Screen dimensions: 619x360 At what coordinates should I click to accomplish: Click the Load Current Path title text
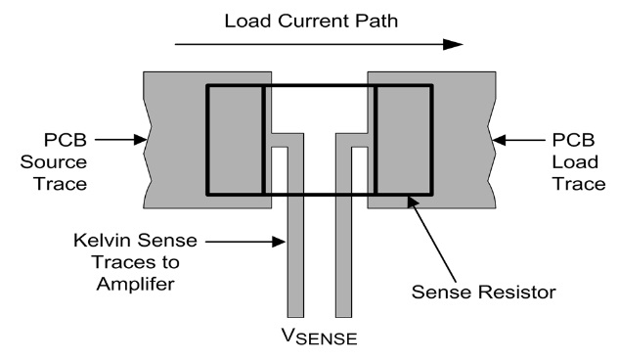[311, 21]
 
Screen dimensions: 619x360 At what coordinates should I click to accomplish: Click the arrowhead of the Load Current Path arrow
[453, 45]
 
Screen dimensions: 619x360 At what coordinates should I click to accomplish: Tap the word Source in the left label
[54, 162]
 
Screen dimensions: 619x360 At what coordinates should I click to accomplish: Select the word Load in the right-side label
[575, 162]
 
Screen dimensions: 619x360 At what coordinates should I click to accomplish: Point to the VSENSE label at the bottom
[320, 337]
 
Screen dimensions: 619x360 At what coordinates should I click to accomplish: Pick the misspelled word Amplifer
[135, 285]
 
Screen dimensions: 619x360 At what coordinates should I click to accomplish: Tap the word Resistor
[518, 292]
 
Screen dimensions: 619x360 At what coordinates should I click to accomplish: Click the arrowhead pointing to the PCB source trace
[141, 140]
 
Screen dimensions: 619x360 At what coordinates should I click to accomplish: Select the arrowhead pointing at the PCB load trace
[499, 140]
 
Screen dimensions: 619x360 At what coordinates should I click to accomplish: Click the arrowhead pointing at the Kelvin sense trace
[279, 242]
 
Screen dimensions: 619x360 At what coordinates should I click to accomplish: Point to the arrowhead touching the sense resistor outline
[413, 202]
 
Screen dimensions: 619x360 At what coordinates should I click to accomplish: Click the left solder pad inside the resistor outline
[236, 140]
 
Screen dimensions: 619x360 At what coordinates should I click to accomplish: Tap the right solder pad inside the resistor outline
[404, 140]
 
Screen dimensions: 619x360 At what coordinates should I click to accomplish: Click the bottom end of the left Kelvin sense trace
[295, 317]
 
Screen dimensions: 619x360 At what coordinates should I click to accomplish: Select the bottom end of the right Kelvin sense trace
[343, 317]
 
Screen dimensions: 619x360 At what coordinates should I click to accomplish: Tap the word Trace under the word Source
[61, 184]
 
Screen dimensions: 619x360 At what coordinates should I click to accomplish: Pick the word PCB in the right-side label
[573, 140]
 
